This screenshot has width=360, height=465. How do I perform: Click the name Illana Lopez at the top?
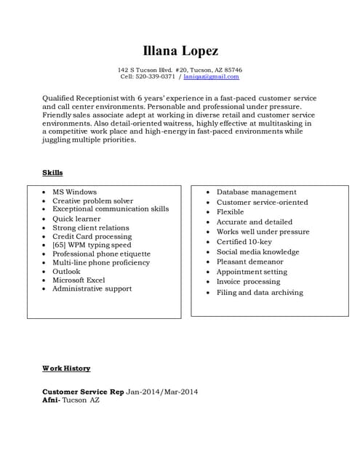180,50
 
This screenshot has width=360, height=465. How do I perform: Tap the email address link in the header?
211,76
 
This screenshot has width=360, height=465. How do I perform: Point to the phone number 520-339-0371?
157,76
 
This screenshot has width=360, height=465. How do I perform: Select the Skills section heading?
52,173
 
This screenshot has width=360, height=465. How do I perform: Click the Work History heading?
66,368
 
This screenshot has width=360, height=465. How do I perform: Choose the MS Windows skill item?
74,192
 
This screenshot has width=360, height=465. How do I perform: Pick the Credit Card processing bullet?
92,236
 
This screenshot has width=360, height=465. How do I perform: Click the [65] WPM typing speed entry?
92,246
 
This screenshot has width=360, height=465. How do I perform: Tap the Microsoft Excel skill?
79,280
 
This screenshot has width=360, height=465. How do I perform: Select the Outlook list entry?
66,271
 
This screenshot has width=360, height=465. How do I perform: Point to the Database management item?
256,192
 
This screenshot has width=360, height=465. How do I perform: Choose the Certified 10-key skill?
244,242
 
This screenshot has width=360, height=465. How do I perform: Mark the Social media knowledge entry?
257,252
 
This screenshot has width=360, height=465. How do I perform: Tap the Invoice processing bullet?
248,282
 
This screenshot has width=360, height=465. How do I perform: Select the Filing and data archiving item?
260,293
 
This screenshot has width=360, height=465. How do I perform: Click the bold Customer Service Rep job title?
83,392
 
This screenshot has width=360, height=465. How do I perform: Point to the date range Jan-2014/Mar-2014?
162,392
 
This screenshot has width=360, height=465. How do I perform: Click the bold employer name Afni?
50,400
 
